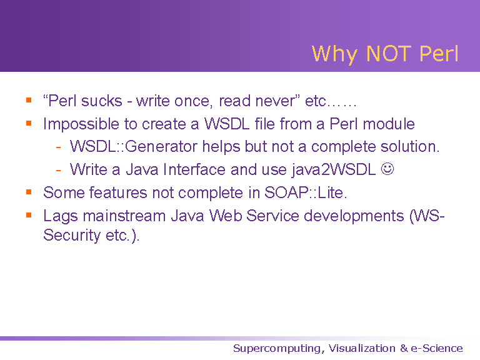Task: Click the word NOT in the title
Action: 389,54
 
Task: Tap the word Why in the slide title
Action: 334,54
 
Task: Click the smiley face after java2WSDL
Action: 387,169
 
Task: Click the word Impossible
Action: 81,124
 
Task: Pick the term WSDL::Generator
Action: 134,146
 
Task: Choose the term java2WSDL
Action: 333,170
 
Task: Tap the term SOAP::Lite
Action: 306,192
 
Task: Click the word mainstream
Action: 124,216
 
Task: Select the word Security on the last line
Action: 72,236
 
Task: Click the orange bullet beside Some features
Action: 29,192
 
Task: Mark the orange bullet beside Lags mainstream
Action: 29,215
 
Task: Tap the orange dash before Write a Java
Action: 59,170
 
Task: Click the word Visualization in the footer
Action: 362,348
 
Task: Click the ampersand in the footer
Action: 404,348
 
